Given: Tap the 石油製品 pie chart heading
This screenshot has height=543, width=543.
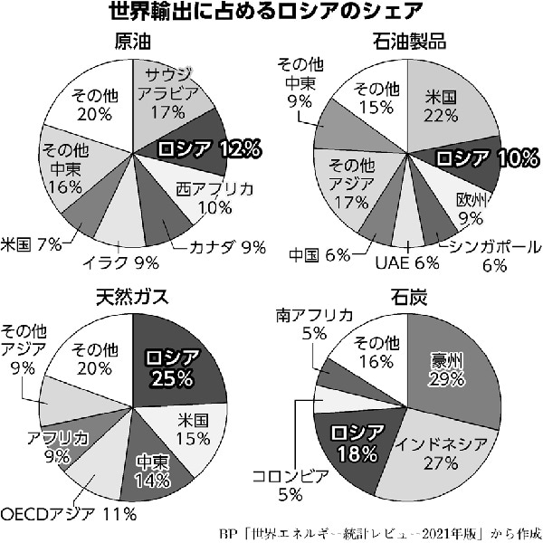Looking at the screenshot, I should point(407,41).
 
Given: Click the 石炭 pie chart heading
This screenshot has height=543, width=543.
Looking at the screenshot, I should point(407,296).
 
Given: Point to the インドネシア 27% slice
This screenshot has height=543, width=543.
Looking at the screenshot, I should point(434,452).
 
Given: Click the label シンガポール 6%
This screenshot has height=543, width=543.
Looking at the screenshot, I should point(493,255).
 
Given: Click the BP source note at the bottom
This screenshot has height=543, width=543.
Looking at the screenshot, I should point(380,532).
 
